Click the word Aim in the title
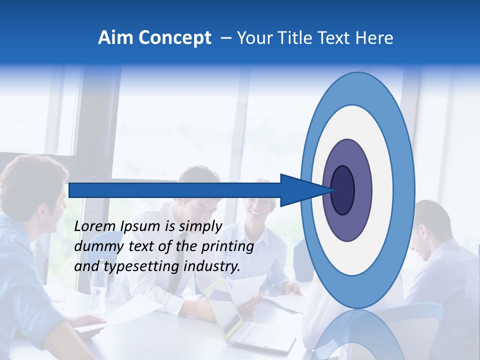(x=116, y=38)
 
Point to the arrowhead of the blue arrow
(x=305, y=190)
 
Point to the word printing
(x=226, y=247)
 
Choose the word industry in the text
(x=211, y=266)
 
